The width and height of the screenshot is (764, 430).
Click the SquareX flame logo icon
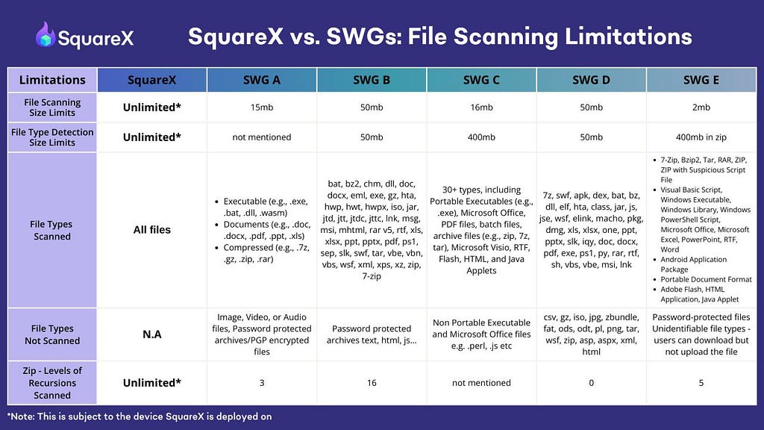point(45,34)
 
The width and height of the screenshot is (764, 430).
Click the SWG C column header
point(481,80)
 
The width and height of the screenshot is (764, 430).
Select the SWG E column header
point(701,80)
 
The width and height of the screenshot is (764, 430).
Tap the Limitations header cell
point(52,80)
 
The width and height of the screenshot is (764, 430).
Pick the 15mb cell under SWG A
point(262,107)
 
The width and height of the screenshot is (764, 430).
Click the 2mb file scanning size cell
point(701,107)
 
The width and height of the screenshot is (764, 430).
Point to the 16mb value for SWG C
point(481,107)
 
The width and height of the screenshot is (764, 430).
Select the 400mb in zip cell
point(701,137)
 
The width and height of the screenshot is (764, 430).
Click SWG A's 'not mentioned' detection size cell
point(262,137)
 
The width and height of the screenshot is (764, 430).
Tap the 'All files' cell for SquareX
point(152,230)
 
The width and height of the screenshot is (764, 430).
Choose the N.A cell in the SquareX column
point(152,334)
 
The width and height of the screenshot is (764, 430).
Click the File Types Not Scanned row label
point(52,334)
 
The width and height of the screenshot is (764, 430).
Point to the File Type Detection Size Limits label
point(52,137)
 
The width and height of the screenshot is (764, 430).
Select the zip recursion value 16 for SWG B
point(372,383)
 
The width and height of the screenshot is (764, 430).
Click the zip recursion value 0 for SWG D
point(591,383)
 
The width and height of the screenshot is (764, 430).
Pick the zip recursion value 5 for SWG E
point(701,383)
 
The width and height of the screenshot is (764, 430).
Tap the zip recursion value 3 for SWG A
point(262,383)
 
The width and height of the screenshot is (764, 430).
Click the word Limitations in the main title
point(628,36)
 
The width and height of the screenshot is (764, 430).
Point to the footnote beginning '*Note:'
point(140,417)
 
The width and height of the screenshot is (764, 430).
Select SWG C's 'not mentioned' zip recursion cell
point(481,383)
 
